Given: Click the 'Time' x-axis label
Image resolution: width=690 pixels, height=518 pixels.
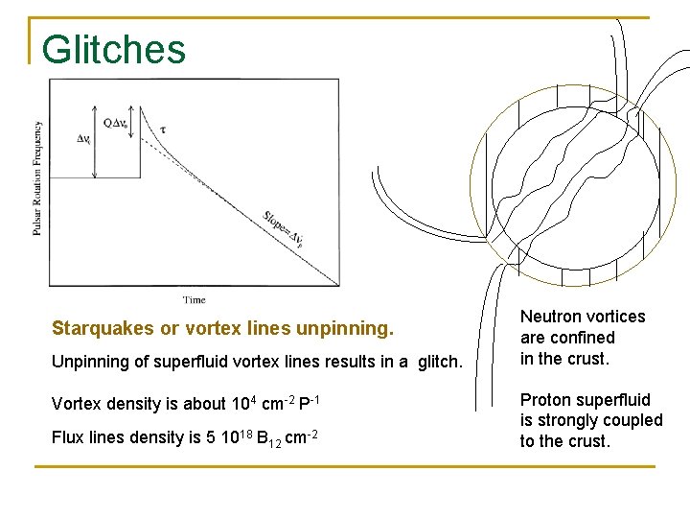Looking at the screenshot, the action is tap(195, 300).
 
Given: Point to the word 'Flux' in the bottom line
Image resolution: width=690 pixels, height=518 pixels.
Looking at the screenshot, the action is tap(68, 437).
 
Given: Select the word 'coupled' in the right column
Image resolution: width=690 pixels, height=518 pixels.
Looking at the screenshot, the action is tap(632, 420).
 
